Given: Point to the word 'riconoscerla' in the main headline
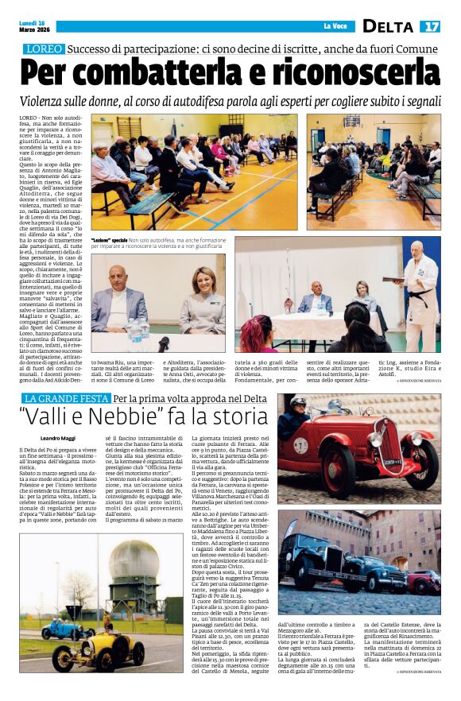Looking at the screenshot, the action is [x=357, y=72].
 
